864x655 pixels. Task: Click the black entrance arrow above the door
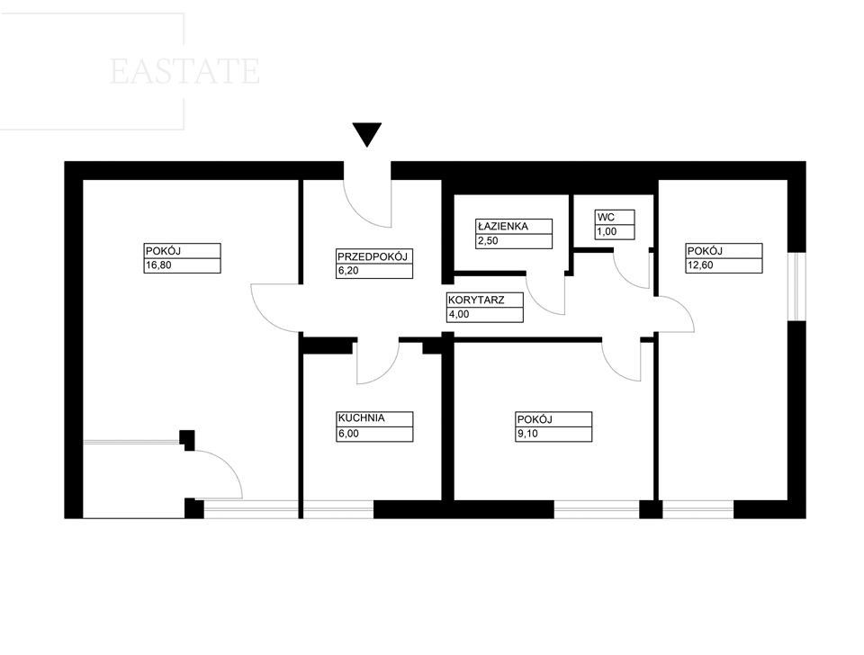[x=367, y=134]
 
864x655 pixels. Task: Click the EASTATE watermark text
[x=184, y=71]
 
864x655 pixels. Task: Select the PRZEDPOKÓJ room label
[x=372, y=256]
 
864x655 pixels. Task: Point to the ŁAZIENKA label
[x=502, y=226]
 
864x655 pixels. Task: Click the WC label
[x=606, y=217]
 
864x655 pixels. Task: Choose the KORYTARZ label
[x=476, y=301]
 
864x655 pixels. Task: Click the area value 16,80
[x=158, y=265]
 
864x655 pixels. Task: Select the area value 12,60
[x=700, y=265]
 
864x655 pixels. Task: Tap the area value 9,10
[x=527, y=434]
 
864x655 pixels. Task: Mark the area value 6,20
[x=347, y=271]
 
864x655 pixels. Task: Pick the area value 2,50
[x=488, y=241]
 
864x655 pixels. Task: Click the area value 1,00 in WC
[x=607, y=232]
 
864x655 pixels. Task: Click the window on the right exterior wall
[x=796, y=286]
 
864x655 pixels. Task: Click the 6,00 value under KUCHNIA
[x=348, y=434]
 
